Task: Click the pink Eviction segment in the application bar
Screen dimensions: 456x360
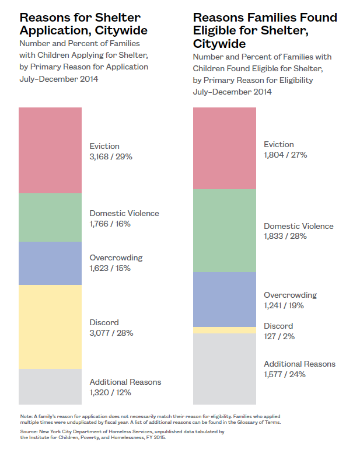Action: (50, 150)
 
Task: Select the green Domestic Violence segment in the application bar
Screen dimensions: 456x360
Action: (50, 217)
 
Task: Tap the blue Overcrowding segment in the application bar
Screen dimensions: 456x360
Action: (50, 263)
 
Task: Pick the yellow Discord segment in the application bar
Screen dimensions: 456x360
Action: (50, 326)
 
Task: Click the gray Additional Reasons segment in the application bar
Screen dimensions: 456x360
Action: (50, 386)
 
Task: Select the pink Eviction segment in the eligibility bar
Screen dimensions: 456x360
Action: (225, 148)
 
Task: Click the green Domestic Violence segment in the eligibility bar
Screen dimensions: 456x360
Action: (225, 230)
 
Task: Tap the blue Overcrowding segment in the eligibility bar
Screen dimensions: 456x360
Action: (225, 299)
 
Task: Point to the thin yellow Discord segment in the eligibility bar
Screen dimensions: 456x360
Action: (225, 330)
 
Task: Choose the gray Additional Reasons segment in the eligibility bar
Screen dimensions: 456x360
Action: (225, 368)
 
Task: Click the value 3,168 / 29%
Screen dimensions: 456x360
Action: (111, 156)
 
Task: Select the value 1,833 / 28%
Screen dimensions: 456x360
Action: (285, 236)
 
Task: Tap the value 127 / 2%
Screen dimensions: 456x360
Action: (279, 336)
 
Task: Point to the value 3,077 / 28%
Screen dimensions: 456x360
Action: (111, 333)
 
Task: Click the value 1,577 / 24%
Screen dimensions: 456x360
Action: (285, 374)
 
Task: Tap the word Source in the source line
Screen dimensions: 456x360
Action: (29, 431)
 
